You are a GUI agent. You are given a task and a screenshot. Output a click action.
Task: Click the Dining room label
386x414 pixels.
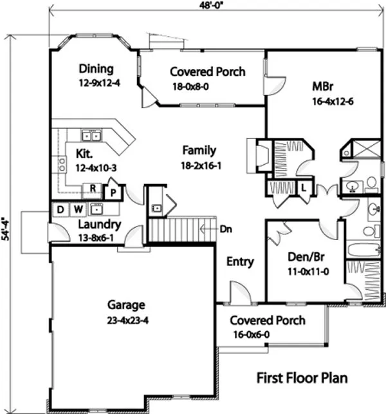tap(96, 69)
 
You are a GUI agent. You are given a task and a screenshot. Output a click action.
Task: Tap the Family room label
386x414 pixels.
tap(199, 151)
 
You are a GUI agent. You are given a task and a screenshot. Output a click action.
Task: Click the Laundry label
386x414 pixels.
tap(99, 225)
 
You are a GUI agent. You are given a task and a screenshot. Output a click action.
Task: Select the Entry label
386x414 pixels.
tap(240, 262)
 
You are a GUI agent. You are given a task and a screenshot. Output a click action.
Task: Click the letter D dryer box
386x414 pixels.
tap(60, 209)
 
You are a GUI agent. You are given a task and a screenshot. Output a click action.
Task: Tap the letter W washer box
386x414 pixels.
tap(77, 209)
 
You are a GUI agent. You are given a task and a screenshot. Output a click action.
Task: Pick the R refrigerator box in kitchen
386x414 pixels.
tap(93, 189)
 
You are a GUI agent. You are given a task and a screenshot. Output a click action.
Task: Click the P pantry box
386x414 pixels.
tap(112, 191)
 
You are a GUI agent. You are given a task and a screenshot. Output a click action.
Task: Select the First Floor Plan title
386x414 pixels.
tap(302, 377)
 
